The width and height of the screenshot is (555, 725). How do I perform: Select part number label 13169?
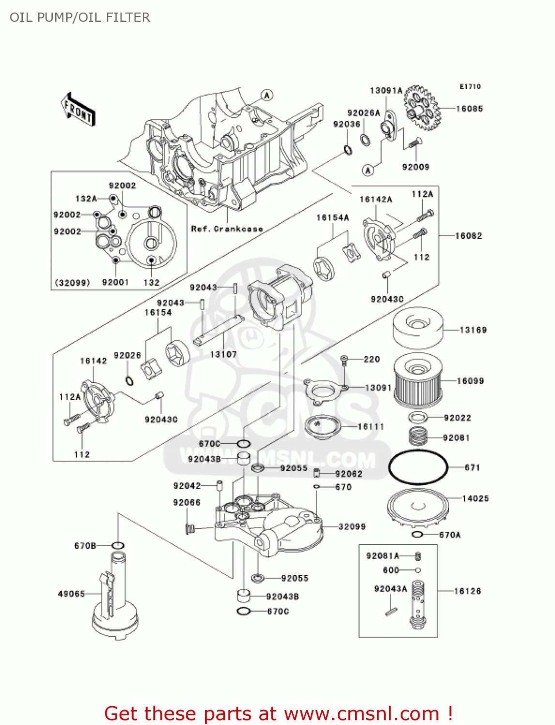tap(473, 330)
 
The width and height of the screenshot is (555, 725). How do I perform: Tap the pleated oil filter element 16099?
tap(418, 381)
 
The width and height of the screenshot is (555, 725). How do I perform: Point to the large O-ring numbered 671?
tap(418, 467)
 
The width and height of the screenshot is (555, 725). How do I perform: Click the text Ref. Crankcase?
tap(226, 229)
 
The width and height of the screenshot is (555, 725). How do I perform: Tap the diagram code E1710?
tap(470, 87)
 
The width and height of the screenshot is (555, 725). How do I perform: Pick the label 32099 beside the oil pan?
tap(352, 527)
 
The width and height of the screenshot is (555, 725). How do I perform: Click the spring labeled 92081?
tap(419, 436)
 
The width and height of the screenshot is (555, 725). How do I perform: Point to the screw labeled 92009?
tap(415, 143)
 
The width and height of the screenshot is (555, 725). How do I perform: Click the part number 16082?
tap(468, 236)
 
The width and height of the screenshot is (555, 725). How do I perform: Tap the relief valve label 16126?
tap(467, 591)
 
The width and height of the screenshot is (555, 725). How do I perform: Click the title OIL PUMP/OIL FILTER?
tap(80, 17)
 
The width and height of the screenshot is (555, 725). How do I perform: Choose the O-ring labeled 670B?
tap(118, 546)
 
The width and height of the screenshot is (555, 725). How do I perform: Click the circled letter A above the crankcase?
tap(267, 95)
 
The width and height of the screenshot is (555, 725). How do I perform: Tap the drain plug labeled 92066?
tap(190, 529)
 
